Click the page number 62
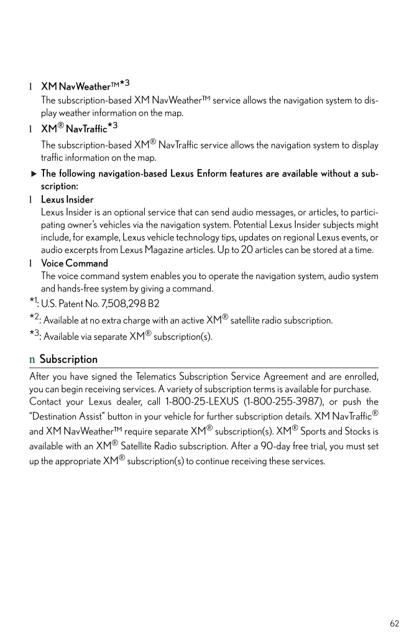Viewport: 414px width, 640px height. coord(395,623)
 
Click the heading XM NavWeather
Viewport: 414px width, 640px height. coord(76,86)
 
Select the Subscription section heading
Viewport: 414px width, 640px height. coord(68,359)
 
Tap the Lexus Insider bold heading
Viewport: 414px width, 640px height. coord(67,199)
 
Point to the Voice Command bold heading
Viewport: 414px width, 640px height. coord(74,263)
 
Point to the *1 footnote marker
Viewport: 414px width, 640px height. coord(33,303)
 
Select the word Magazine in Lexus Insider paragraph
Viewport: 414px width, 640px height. coord(169,250)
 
